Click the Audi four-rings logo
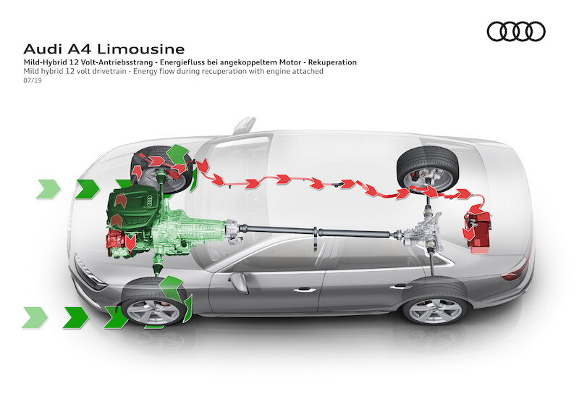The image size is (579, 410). (515, 31)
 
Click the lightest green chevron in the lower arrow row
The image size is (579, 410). (35, 317)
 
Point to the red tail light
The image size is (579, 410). (515, 274)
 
